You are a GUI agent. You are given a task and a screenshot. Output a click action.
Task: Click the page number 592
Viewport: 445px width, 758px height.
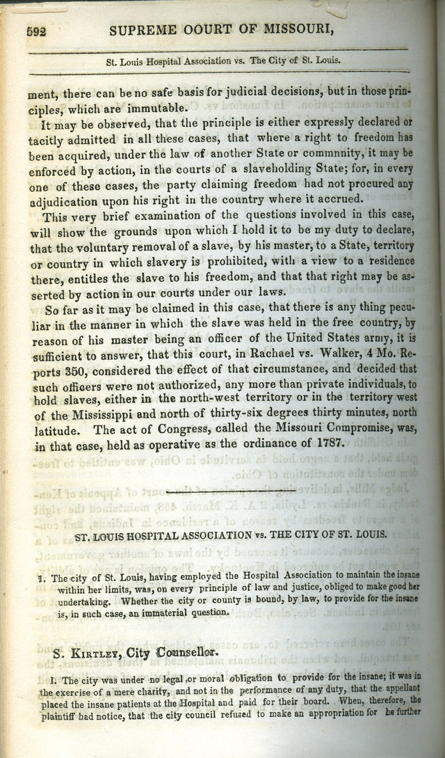coord(35,31)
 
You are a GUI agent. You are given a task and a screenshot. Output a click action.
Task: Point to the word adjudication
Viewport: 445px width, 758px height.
coord(64,200)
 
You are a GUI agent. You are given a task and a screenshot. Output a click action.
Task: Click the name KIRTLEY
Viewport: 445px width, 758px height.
coord(101,654)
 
